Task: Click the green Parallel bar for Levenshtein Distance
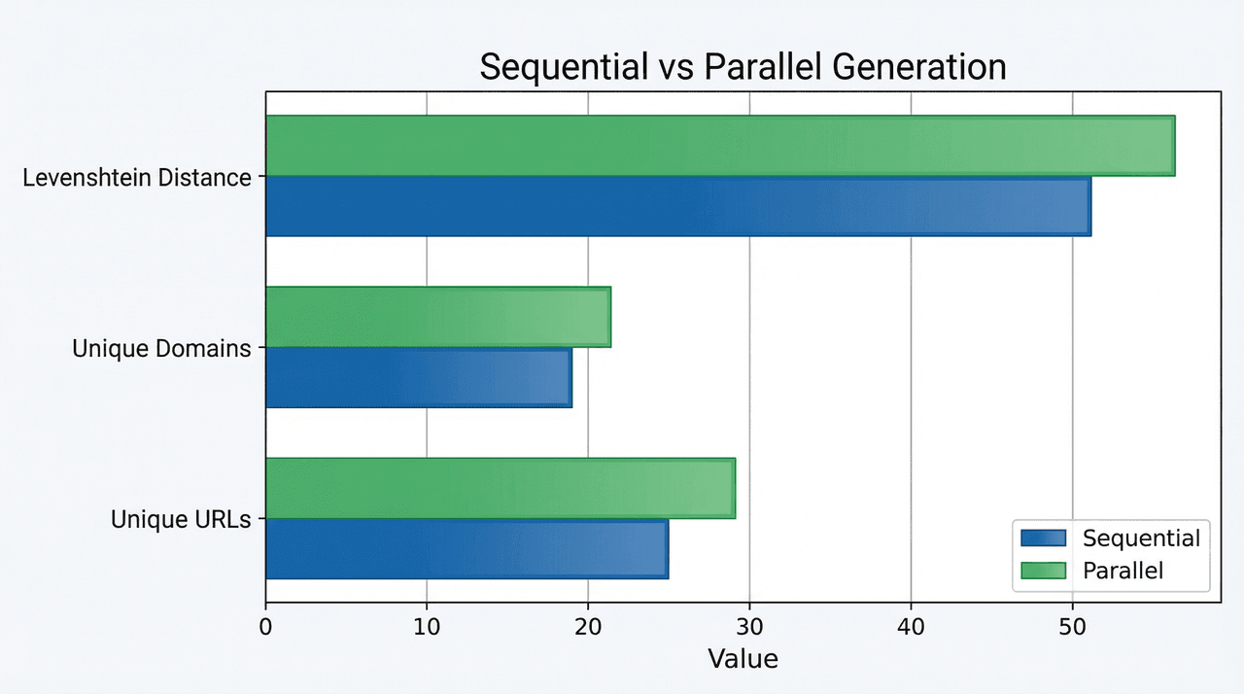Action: coord(719,146)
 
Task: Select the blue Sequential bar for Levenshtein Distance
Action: coord(677,206)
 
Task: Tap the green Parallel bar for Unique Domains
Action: coord(437,317)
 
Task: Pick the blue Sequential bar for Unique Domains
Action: coord(418,377)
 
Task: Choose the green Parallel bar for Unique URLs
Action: coord(500,488)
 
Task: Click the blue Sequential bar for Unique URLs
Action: coord(466,549)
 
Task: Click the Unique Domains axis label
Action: coord(161,349)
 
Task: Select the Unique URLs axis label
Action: coord(181,520)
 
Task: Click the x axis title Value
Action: coord(743,659)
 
